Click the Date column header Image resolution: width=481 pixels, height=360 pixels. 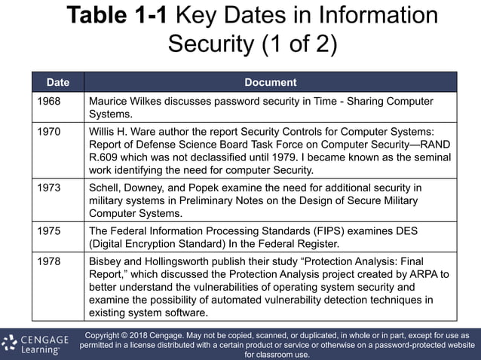point(57,82)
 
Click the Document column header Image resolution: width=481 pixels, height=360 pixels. point(270,82)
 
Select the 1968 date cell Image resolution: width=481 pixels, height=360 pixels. point(49,101)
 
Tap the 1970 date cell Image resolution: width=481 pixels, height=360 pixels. point(49,130)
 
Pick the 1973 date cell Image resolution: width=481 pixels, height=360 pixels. point(49,187)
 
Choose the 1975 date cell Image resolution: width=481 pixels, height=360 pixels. point(49,230)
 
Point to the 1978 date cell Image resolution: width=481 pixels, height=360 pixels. point(49,260)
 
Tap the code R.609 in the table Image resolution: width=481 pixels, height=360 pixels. point(106,157)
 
